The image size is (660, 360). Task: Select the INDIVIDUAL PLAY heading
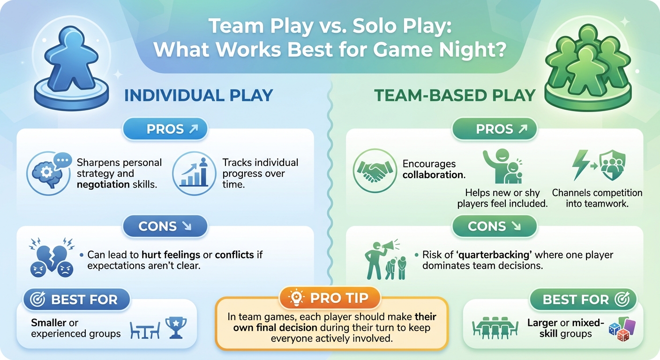[x=198, y=95]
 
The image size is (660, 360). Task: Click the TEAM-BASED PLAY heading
[x=454, y=95]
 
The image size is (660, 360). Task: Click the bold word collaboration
[x=433, y=174]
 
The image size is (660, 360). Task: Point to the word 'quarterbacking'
[x=498, y=255]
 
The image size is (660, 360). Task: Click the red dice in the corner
[x=622, y=334]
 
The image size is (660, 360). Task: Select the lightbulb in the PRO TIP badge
[x=297, y=298]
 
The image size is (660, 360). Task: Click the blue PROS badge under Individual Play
[x=165, y=129]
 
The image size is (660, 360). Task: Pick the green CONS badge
[x=494, y=226]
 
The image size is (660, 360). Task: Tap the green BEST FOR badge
[x=583, y=300]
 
